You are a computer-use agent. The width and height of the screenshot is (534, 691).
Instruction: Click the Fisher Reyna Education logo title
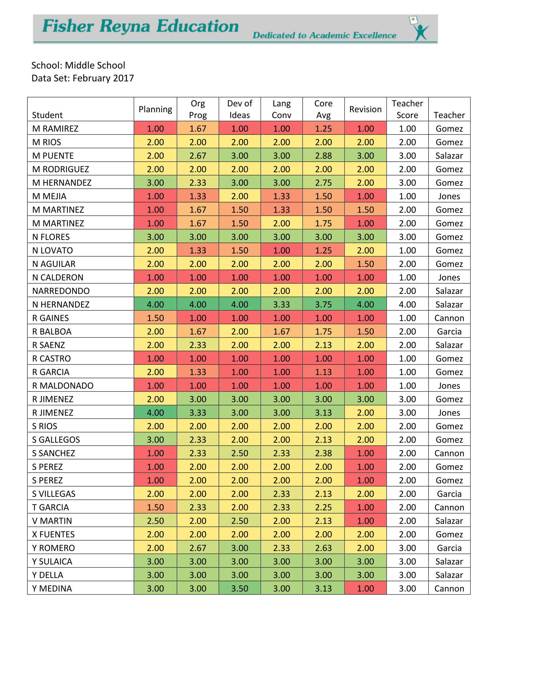[140, 26]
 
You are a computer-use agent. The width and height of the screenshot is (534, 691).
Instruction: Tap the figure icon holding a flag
[419, 29]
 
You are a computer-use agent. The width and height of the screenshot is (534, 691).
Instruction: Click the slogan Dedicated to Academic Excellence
[324, 35]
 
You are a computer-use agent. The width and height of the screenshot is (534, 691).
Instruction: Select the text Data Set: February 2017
[83, 78]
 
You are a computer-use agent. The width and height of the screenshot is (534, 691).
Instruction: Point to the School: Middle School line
[78, 65]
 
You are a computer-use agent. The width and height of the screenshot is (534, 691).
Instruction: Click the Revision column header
[365, 109]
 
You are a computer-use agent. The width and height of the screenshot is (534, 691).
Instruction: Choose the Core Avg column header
[323, 109]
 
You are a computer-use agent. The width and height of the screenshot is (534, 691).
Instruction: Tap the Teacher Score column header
[407, 109]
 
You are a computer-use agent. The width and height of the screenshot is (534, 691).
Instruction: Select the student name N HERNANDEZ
[61, 304]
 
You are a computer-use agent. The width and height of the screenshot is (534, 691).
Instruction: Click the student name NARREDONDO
[61, 291]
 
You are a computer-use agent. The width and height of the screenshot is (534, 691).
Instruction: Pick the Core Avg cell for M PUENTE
[323, 156]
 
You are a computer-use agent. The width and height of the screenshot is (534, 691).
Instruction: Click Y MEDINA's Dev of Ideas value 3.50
[239, 589]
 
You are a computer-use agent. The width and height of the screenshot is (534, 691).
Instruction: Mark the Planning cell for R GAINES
[155, 318]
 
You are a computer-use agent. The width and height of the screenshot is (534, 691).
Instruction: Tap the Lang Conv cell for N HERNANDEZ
[281, 304]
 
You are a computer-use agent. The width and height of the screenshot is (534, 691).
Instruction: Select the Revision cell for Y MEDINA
[365, 589]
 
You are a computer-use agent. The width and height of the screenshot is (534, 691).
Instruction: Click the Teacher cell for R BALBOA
[449, 332]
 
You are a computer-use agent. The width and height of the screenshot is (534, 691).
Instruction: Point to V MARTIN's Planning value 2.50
[155, 521]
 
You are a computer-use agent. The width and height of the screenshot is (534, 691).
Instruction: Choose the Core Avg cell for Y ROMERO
[323, 548]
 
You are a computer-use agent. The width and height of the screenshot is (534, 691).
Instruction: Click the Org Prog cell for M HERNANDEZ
[198, 182]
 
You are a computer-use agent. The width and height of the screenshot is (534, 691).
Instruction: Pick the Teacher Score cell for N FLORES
[407, 237]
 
